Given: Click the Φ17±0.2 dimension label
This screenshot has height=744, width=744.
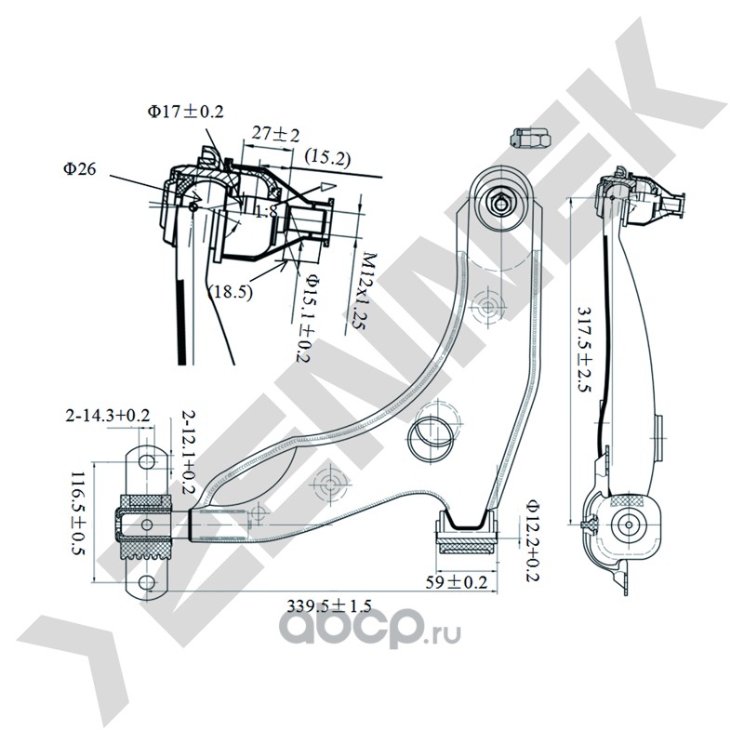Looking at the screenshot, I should click(x=184, y=112).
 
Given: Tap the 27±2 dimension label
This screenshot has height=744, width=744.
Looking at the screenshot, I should click(x=274, y=135).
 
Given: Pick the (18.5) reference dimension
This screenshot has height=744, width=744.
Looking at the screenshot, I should click(x=230, y=291).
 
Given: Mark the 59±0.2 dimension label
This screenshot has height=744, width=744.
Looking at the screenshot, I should click(x=457, y=583).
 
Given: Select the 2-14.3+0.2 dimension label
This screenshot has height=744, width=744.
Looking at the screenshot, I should click(x=107, y=415).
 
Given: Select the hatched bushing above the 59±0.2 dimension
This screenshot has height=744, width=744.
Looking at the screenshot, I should click(x=469, y=536).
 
